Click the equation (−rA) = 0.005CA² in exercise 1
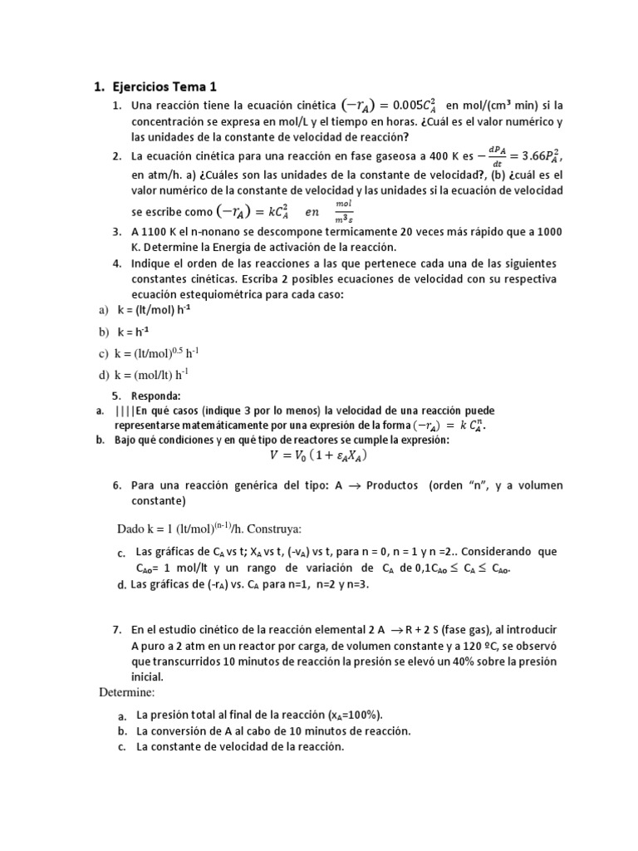point(390,106)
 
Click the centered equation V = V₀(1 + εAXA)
point(318,455)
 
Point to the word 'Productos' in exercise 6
point(393,485)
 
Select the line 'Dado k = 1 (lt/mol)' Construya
point(209,529)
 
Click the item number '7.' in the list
point(118,631)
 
